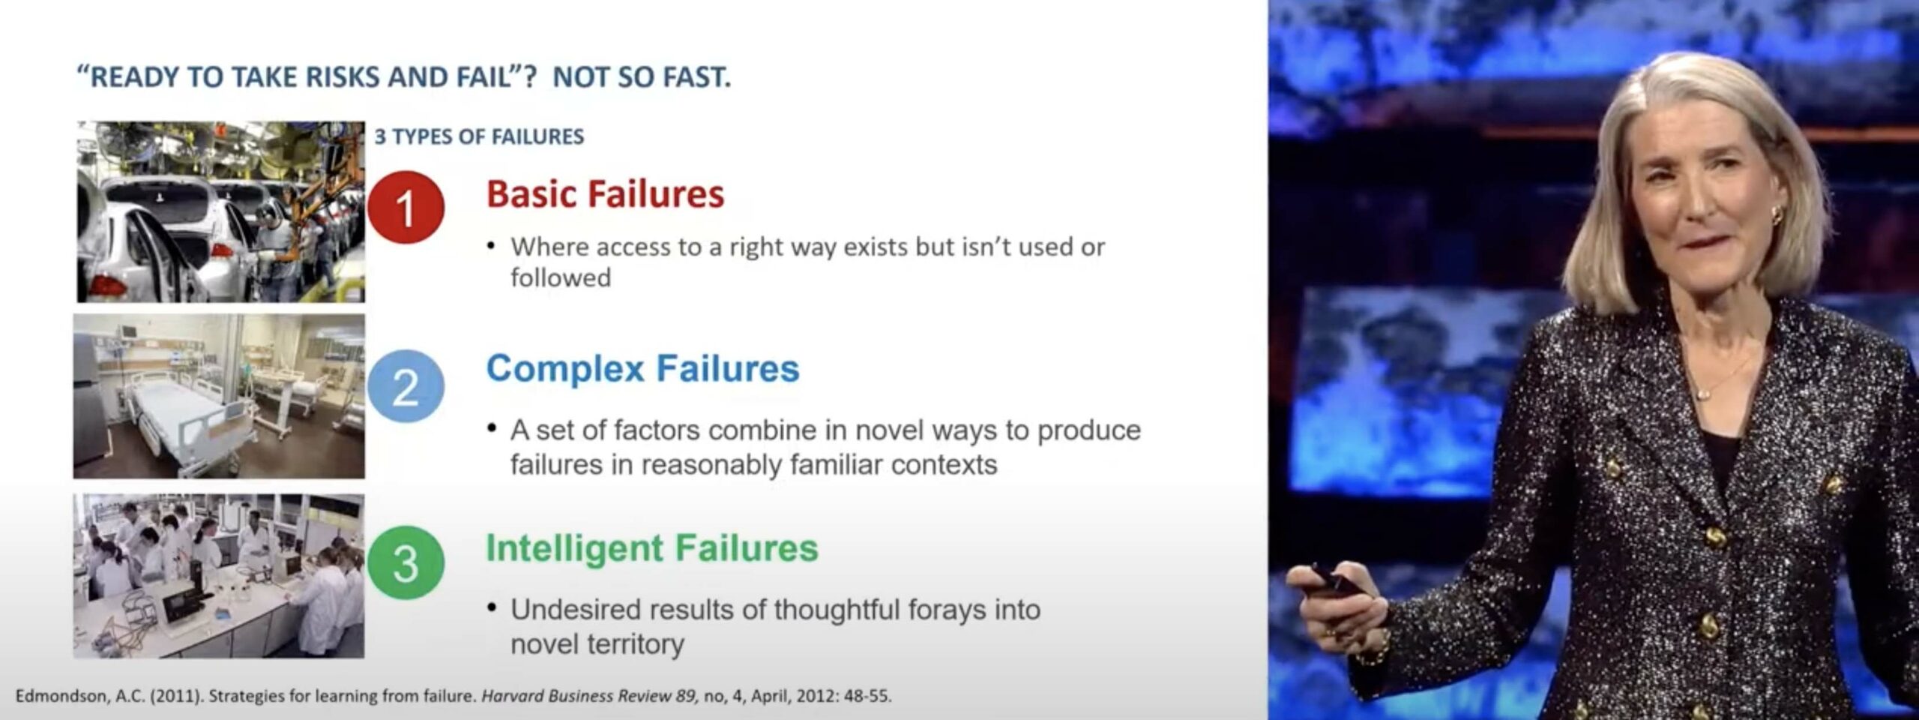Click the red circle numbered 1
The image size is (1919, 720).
coord(406,207)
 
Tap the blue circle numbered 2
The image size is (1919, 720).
coord(406,387)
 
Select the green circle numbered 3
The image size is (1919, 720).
coord(406,562)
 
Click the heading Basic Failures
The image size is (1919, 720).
coord(605,193)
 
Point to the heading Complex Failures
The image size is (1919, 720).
coord(642,368)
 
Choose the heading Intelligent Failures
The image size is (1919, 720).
coord(651,547)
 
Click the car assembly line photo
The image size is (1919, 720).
coord(220,211)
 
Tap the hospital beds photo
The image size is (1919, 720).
coord(219,396)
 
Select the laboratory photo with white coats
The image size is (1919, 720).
coord(219,576)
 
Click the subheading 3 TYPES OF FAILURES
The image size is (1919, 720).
coord(479,136)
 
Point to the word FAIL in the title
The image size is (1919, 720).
coord(483,77)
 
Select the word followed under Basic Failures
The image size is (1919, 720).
coord(561,278)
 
